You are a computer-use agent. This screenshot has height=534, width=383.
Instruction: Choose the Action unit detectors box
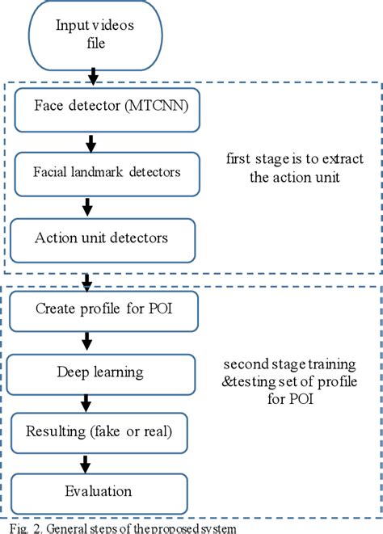click(101, 238)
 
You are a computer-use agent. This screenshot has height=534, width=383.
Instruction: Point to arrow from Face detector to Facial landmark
click(90, 143)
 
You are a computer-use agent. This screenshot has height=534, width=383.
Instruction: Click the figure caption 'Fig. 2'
click(16, 528)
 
